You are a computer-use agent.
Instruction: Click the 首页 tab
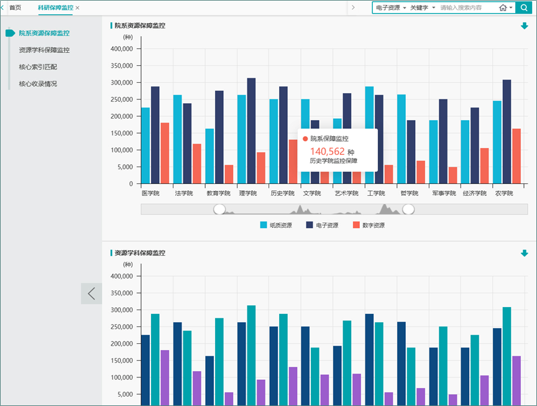tap(15, 8)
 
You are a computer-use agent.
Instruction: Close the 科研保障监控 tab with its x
tap(78, 8)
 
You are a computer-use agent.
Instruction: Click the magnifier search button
tap(524, 8)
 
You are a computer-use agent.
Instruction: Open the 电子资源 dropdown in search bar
tap(391, 8)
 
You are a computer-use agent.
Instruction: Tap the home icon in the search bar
tap(503, 8)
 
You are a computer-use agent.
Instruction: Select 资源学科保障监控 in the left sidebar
tap(44, 50)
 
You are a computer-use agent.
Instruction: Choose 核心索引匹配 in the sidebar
tap(38, 67)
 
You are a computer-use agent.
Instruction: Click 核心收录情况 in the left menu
tap(38, 83)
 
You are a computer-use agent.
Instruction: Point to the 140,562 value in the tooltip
tap(327, 151)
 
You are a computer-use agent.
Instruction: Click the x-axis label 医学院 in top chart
tap(150, 193)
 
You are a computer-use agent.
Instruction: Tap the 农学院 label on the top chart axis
tap(503, 193)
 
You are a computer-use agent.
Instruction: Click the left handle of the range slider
tap(219, 210)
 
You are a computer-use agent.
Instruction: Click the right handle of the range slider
tap(408, 210)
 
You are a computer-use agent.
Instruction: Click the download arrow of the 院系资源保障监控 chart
tap(524, 26)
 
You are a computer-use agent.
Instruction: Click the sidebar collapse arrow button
tap(91, 293)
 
